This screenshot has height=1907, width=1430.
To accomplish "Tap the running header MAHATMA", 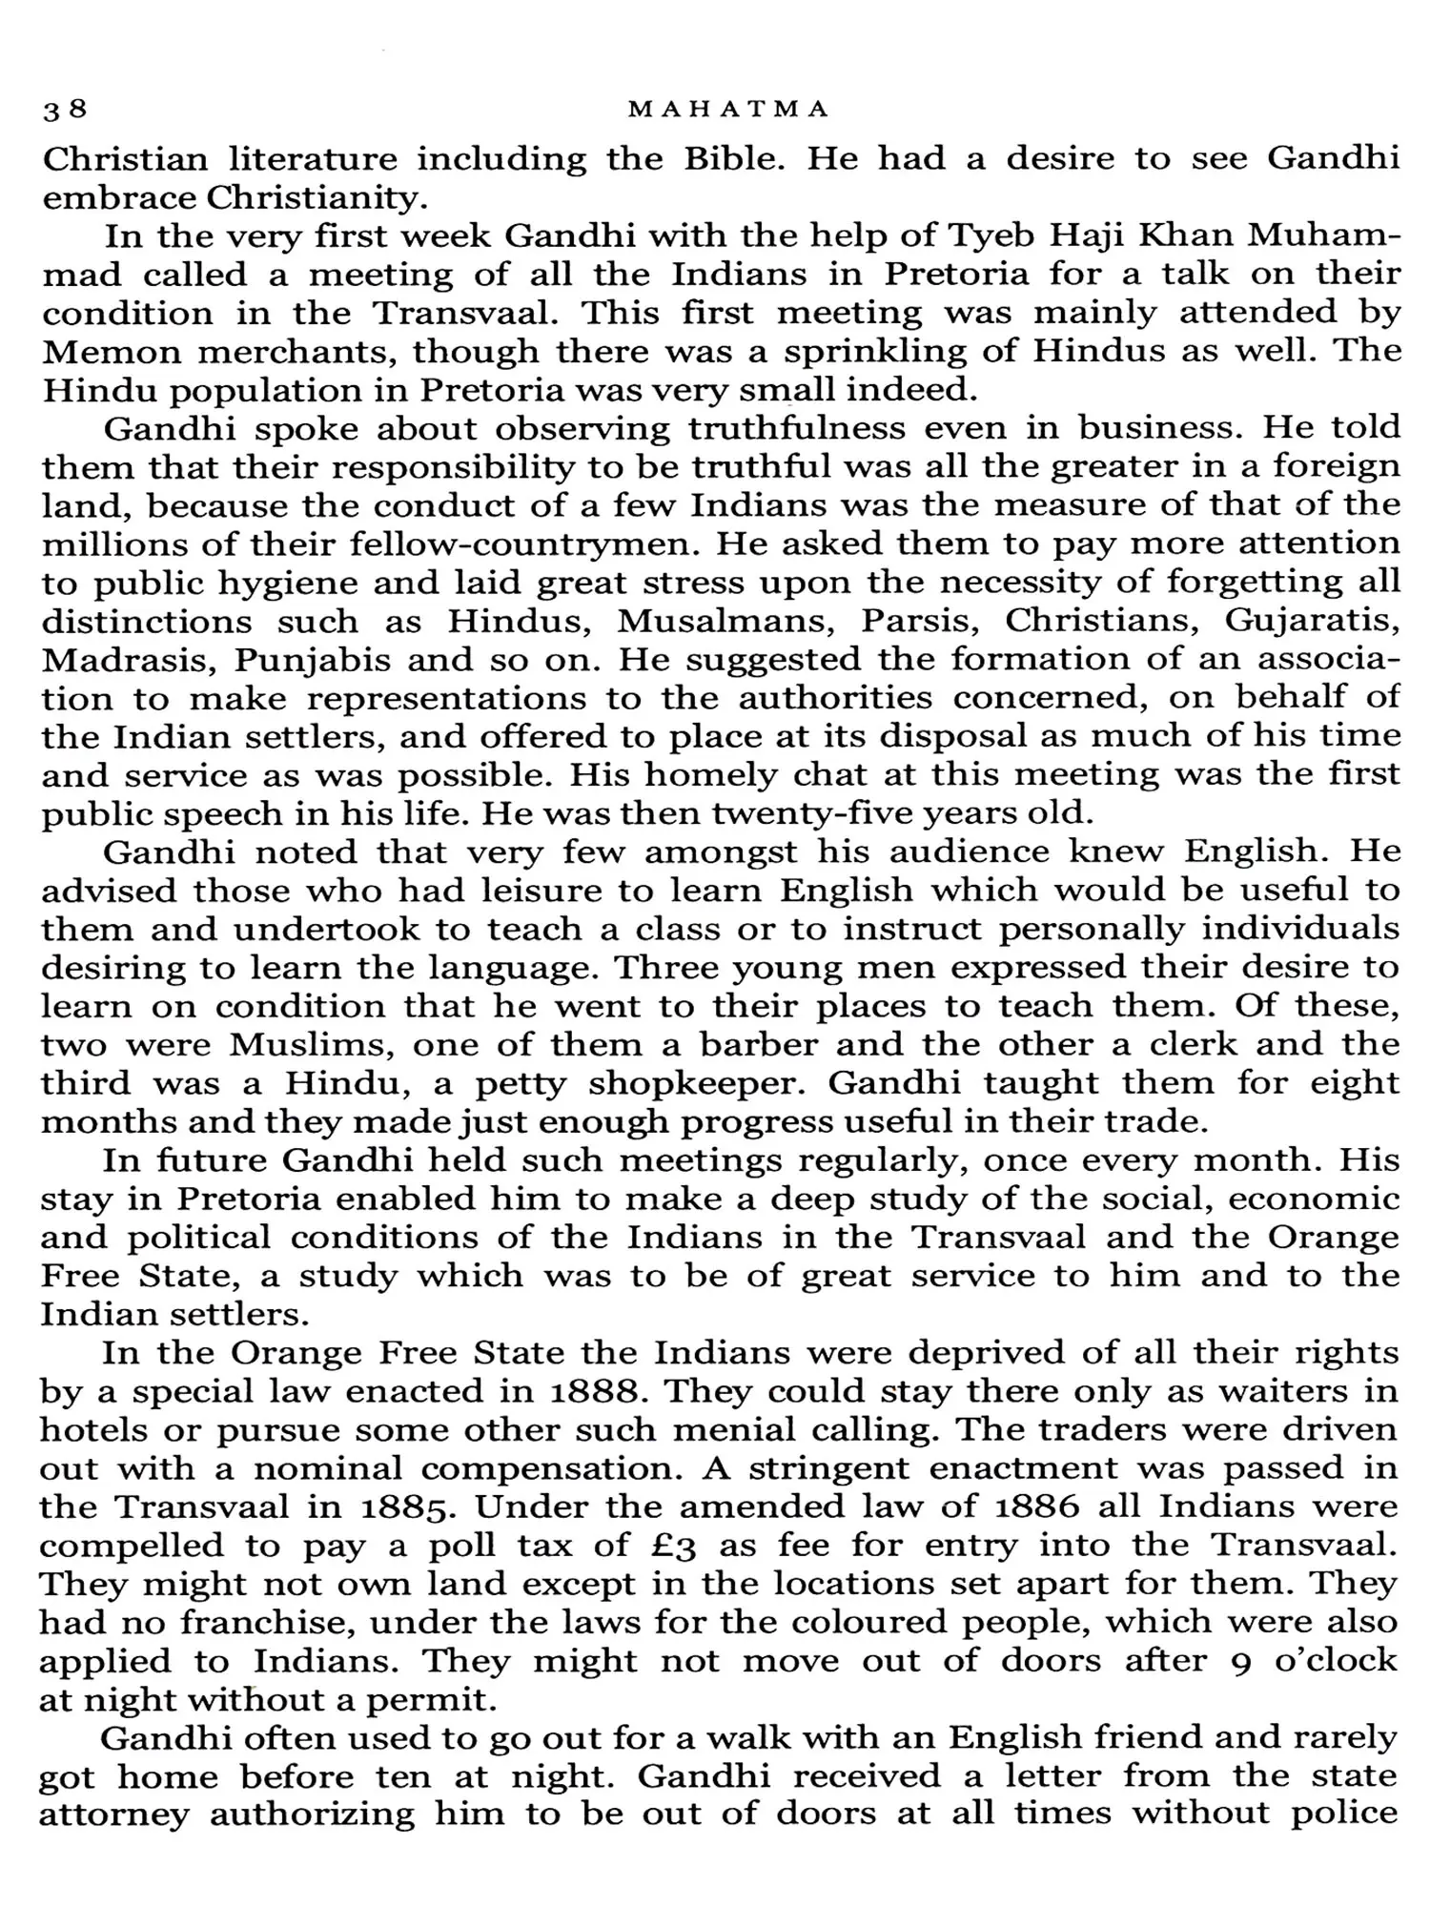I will click(x=729, y=110).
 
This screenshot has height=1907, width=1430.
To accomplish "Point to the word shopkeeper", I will click(x=699, y=1084).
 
